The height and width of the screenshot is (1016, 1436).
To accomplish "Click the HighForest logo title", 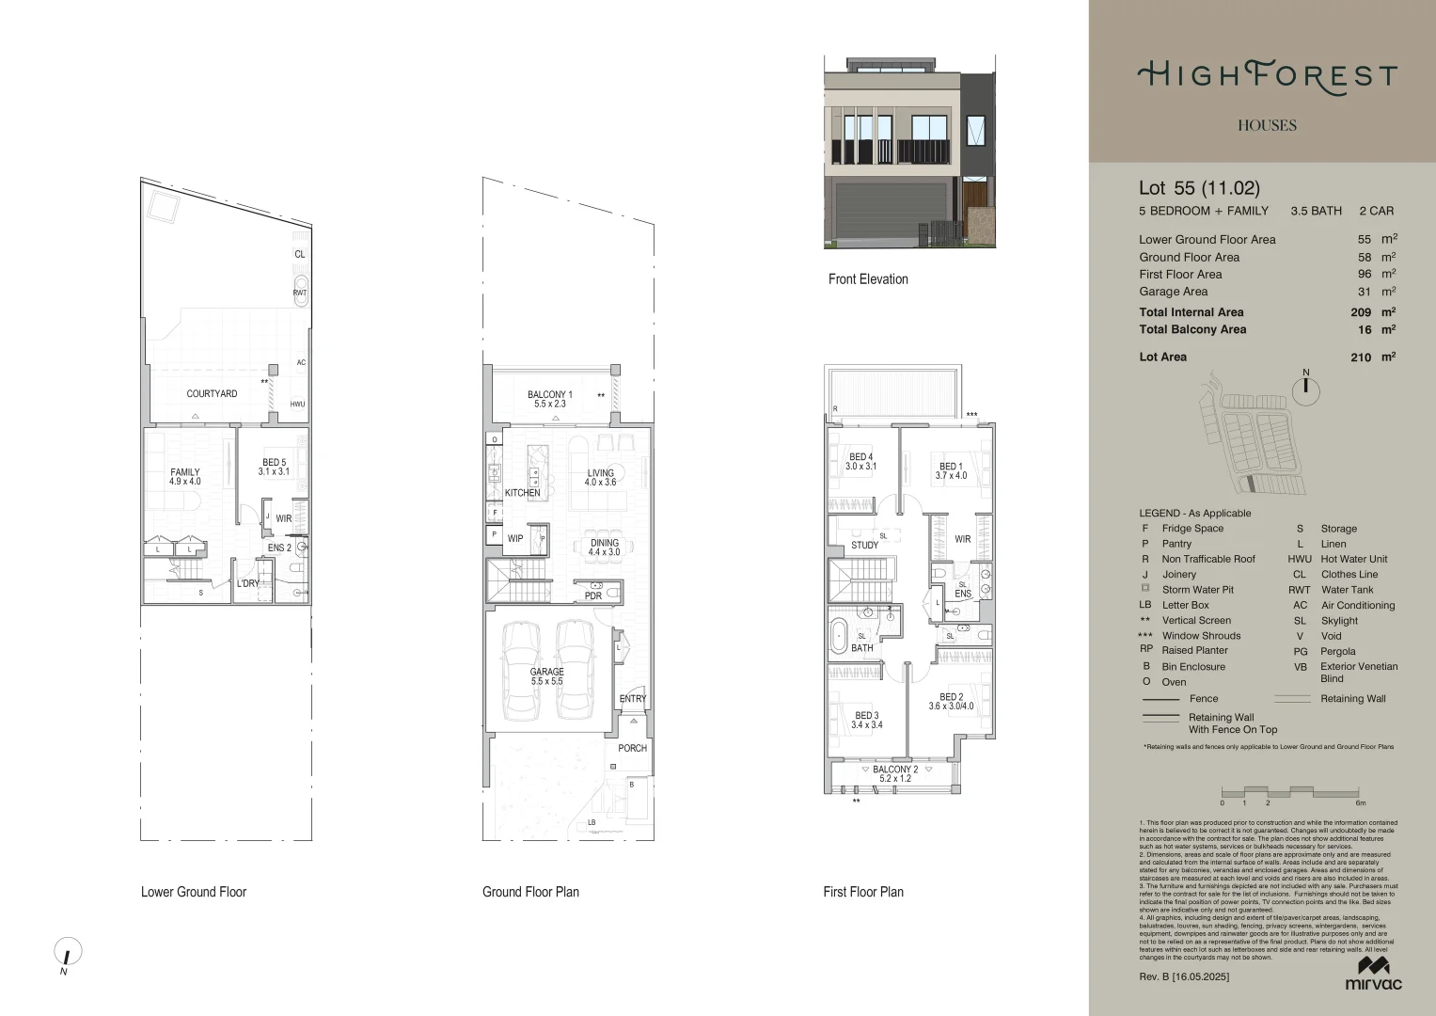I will tap(1267, 76).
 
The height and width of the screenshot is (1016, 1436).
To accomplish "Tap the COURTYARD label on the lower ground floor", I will tap(212, 393).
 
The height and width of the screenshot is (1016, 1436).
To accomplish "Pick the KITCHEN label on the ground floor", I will tap(523, 493).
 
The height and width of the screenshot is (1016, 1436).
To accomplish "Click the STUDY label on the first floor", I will tap(864, 545).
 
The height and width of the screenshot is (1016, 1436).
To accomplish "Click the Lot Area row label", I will tap(1162, 357).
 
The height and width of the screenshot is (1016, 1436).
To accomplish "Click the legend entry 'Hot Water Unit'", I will tap(1353, 559).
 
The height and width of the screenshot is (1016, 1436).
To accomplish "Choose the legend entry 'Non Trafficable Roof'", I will tap(1207, 559).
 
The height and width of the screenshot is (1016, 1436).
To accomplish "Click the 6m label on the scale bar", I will tap(1360, 803).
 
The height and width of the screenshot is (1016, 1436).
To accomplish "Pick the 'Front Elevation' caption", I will tap(868, 278).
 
